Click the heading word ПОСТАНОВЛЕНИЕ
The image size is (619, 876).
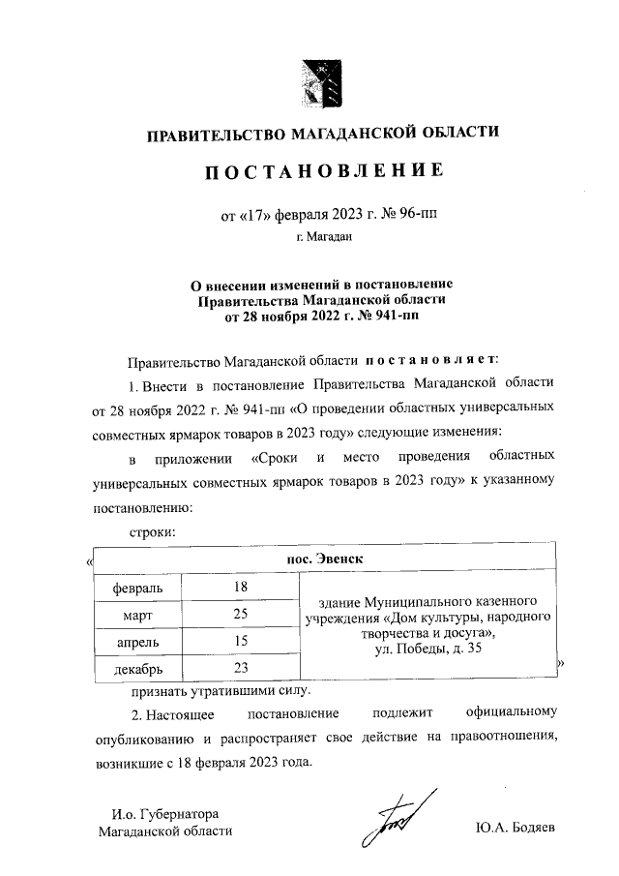pos(323,171)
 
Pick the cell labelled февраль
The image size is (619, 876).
pos(138,587)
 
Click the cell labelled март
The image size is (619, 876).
pos(138,614)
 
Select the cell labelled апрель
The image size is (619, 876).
pos(138,641)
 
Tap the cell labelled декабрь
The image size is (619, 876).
pos(138,668)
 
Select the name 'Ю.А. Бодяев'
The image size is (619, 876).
pos(516,830)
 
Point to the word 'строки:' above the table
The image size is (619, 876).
pos(152,532)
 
